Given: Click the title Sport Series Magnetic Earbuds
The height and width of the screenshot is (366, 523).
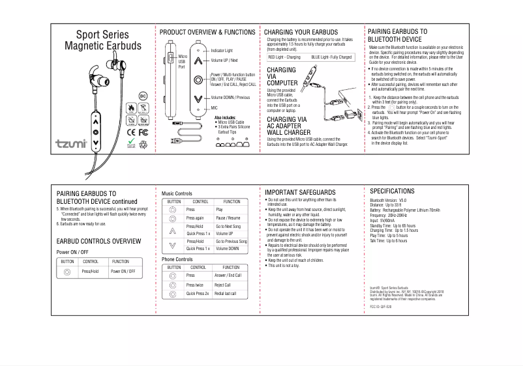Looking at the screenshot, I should pyautogui.click(x=102, y=40).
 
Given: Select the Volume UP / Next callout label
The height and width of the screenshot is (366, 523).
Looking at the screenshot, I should pyautogui.click(x=225, y=60).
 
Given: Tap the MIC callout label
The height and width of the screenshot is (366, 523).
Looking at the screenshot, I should pyautogui.click(x=214, y=107).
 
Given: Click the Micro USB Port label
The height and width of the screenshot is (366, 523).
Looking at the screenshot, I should pyautogui.click(x=183, y=62).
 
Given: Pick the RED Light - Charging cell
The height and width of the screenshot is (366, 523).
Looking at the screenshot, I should pyautogui.click(x=285, y=57).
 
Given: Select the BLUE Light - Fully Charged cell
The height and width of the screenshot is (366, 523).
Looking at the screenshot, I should pyautogui.click(x=331, y=57).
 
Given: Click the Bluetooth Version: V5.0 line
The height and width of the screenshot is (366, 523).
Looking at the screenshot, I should pyautogui.click(x=388, y=201).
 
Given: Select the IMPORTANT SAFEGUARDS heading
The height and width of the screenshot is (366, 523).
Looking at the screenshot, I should pyautogui.click(x=300, y=192).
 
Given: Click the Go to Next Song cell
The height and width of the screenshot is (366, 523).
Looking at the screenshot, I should pyautogui.click(x=228, y=225).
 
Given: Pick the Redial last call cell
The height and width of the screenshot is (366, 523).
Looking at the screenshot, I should pyautogui.click(x=226, y=294).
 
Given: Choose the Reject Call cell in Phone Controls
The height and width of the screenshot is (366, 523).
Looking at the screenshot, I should pyautogui.click(x=223, y=285).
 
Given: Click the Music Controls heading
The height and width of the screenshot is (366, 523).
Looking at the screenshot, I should pyautogui.click(x=177, y=193).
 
